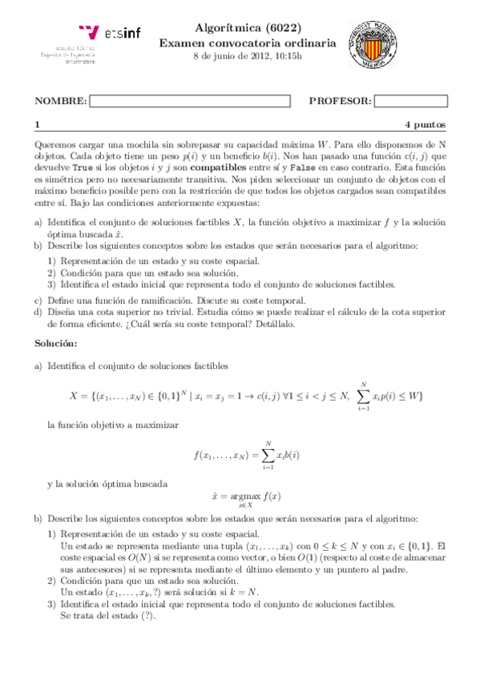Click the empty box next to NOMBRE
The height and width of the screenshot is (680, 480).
[x=189, y=101]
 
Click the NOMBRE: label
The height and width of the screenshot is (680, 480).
[x=60, y=101]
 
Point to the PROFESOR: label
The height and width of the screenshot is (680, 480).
[x=339, y=101]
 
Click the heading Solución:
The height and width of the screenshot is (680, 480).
[x=55, y=343]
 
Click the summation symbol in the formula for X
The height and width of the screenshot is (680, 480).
[x=364, y=396]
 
